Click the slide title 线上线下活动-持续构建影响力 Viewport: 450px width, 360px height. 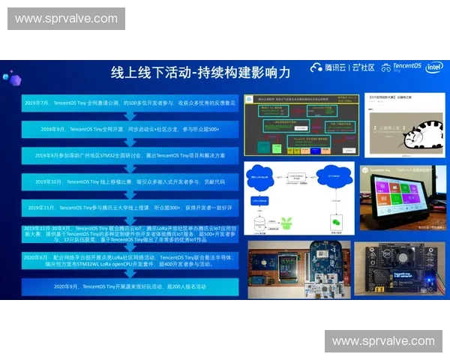200,73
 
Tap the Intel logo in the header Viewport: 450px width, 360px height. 433,67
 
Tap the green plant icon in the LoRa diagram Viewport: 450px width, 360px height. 286,223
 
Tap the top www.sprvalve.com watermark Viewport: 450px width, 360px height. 66,19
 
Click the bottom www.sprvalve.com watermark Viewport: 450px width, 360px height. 383,341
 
